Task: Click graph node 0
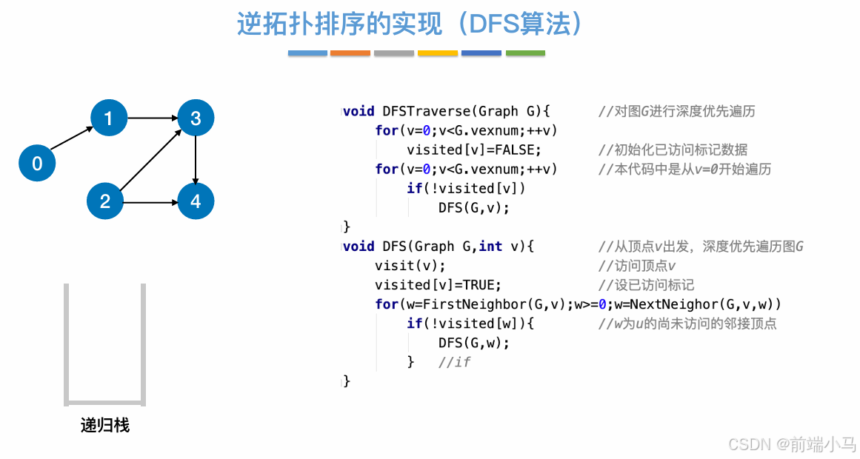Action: coord(37,163)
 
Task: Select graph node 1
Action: coord(109,118)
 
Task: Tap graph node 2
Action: coord(105,201)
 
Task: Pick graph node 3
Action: coord(196,118)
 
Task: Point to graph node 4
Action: coord(196,201)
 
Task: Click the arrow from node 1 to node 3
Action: coord(152,118)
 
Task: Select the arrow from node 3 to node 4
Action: coord(196,159)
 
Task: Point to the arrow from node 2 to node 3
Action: coord(150,159)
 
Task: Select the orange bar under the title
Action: coord(350,53)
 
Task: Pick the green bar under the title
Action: coord(525,53)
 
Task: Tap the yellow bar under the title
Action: coord(438,53)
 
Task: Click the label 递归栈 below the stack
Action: coord(104,426)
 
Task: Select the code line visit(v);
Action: coord(410,266)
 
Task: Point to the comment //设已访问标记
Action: coord(646,285)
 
